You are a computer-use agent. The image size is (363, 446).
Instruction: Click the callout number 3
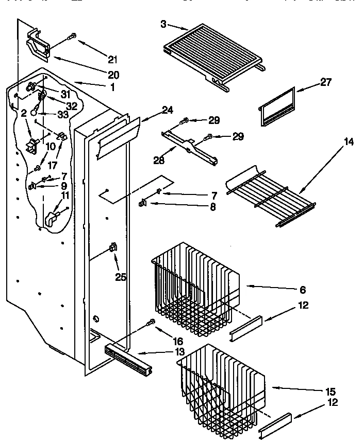163,24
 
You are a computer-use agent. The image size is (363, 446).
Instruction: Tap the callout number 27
325,82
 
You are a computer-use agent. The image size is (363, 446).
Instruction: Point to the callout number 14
349,142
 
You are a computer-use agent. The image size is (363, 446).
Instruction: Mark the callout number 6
303,290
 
